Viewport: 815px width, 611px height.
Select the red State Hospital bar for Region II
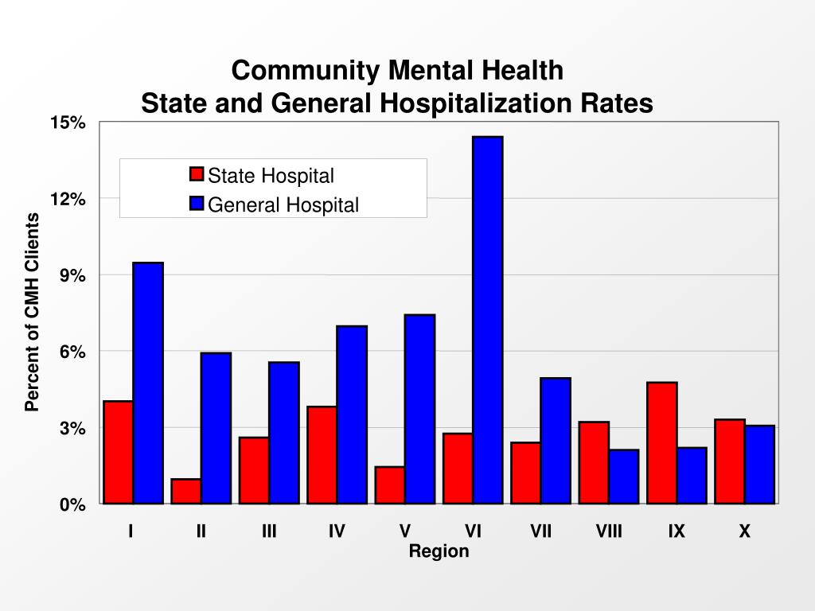(x=185, y=491)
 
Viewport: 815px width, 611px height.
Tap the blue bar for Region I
(x=148, y=383)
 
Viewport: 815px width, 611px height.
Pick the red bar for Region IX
(x=661, y=442)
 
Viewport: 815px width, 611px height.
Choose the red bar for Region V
(x=389, y=485)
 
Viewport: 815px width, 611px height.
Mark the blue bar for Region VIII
(x=624, y=476)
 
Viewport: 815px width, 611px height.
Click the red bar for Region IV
(x=322, y=454)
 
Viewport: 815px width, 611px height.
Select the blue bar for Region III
(x=284, y=433)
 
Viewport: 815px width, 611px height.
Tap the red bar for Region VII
(x=525, y=473)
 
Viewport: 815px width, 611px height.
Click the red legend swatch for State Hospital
(x=197, y=175)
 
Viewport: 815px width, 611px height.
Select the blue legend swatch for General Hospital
(x=197, y=204)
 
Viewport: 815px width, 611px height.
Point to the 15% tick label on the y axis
(x=67, y=123)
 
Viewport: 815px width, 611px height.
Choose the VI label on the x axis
(x=473, y=531)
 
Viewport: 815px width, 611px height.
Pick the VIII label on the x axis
(x=609, y=531)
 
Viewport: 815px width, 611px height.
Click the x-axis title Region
(x=439, y=551)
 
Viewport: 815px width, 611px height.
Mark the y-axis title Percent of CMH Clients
(x=32, y=313)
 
